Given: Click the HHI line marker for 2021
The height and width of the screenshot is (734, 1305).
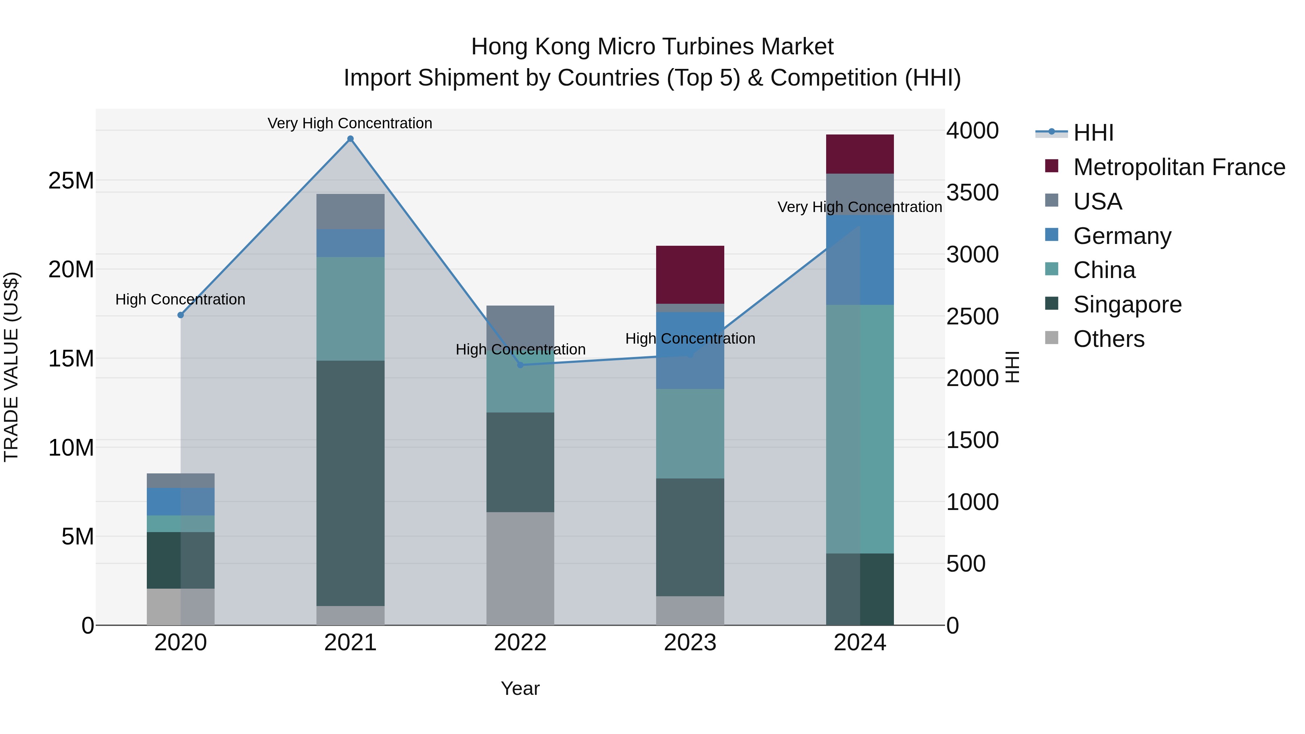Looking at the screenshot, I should pos(350,139).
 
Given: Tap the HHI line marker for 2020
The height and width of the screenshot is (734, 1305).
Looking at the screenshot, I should pos(181,315).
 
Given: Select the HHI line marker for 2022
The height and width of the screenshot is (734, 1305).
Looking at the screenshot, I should pos(520,365).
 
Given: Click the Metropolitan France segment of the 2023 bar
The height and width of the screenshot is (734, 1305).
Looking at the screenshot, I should pos(690,274).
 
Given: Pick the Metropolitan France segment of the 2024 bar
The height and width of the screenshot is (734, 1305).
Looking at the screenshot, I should pos(860,154).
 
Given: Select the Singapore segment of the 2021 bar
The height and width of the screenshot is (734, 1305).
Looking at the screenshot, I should pos(350,483).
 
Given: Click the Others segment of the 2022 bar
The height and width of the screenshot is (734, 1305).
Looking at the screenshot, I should pos(520,568).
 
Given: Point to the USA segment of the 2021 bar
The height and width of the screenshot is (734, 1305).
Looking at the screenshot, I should pos(350,211).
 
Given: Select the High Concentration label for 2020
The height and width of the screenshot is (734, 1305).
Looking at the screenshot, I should pos(181,299).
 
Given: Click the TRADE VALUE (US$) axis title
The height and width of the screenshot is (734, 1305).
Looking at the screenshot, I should pos(11,367).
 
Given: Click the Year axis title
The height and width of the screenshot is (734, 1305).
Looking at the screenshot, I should pos(520,688).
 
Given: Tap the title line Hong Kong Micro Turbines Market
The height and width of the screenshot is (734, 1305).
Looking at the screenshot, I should pos(652,47).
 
